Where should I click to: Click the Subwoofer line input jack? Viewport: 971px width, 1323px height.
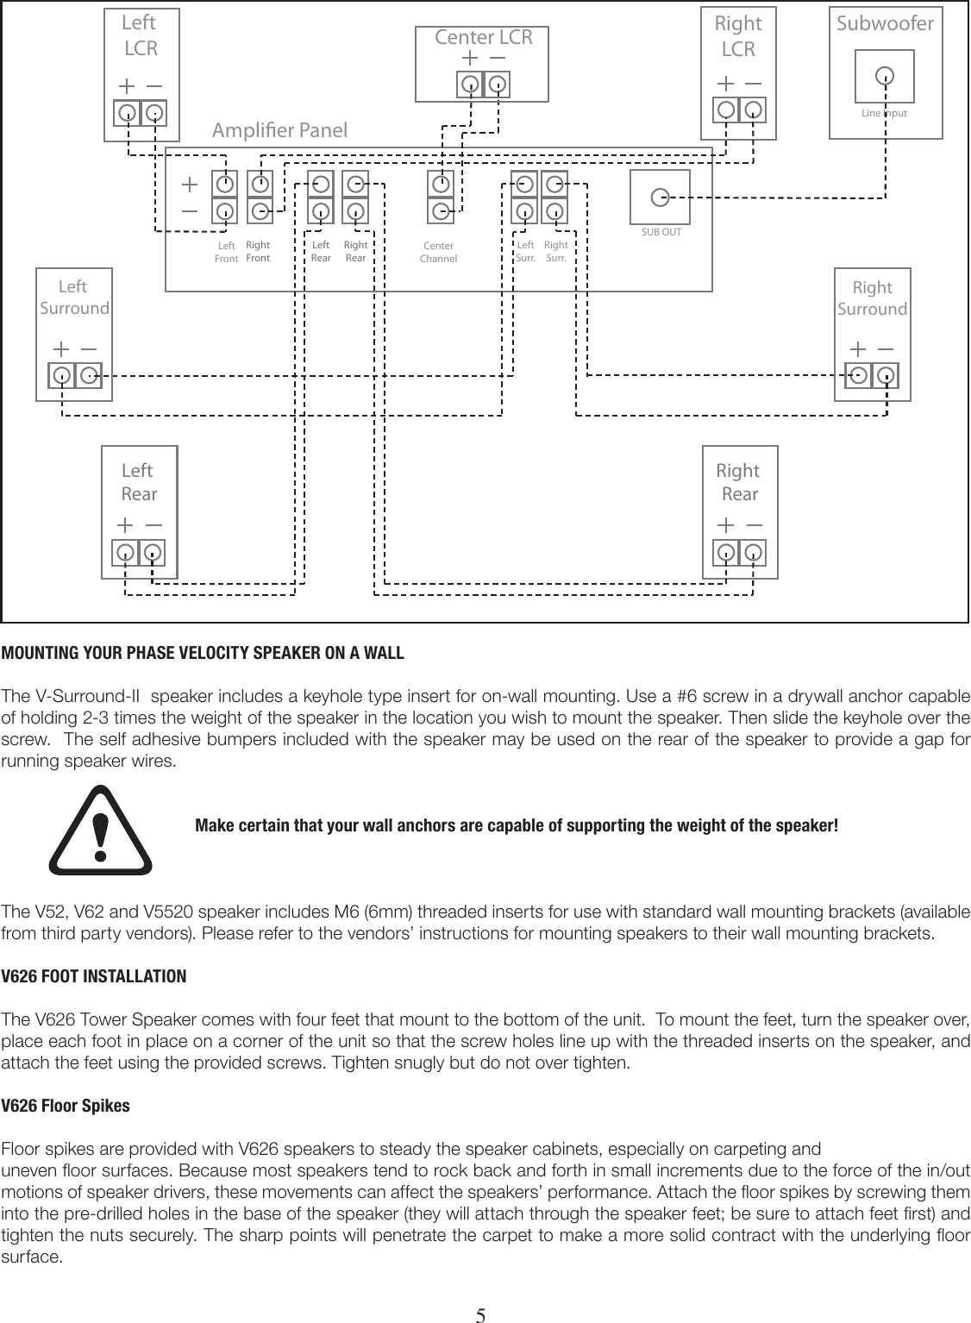[884, 77]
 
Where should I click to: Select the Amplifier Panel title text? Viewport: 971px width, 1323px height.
[279, 131]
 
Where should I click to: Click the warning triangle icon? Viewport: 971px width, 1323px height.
[101, 826]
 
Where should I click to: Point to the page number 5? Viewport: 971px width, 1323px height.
[482, 1314]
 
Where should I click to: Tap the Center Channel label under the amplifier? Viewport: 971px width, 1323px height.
[438, 253]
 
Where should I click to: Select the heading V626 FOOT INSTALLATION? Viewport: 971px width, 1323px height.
[93, 976]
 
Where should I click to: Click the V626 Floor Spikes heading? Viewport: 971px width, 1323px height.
[66, 1105]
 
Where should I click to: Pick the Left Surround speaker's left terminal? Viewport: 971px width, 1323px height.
[62, 376]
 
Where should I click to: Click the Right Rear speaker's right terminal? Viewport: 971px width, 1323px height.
[753, 553]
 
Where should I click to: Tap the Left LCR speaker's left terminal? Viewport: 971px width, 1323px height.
[127, 113]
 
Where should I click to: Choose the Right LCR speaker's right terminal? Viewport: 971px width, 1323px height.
[754, 110]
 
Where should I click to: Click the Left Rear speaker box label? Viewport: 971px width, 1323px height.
[138, 482]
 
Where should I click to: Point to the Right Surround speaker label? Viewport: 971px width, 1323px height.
[872, 298]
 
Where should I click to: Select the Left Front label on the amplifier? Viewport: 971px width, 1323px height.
[226, 253]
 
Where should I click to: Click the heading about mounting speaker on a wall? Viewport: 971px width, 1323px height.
[203, 652]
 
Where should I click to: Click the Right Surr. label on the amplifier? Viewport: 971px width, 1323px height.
[556, 251]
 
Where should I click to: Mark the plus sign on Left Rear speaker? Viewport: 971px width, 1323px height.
[125, 524]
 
